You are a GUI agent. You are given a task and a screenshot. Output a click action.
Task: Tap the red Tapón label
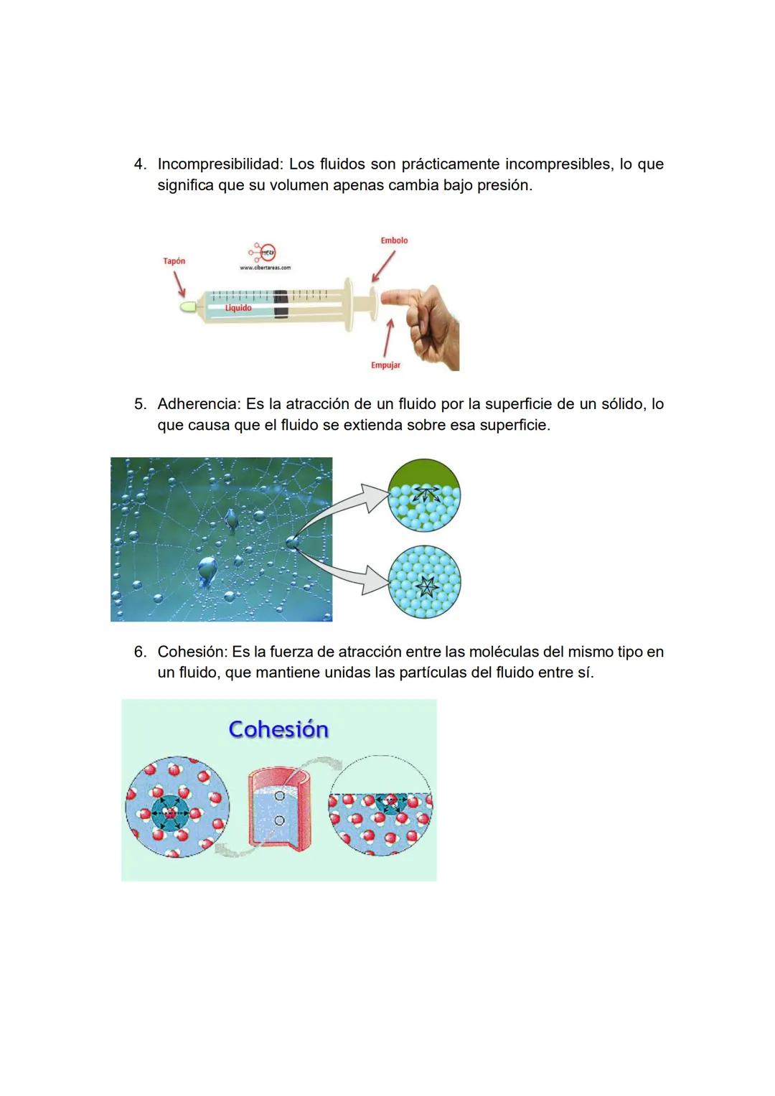click(174, 261)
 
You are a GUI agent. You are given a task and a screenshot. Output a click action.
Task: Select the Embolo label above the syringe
click(394, 240)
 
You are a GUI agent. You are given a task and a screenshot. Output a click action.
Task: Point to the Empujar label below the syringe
click(385, 365)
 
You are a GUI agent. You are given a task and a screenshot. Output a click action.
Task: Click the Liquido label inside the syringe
click(238, 308)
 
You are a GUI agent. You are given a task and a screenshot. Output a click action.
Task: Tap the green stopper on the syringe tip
click(188, 306)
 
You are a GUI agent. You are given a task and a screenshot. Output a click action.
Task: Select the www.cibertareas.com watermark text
click(265, 268)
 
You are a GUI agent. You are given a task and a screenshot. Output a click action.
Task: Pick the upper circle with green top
click(423, 495)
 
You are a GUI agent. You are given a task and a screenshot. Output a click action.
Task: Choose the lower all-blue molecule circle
click(423, 582)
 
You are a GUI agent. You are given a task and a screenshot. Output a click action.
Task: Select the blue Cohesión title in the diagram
click(278, 729)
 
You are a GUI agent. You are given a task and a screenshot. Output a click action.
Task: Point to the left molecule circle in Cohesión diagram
click(177, 807)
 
